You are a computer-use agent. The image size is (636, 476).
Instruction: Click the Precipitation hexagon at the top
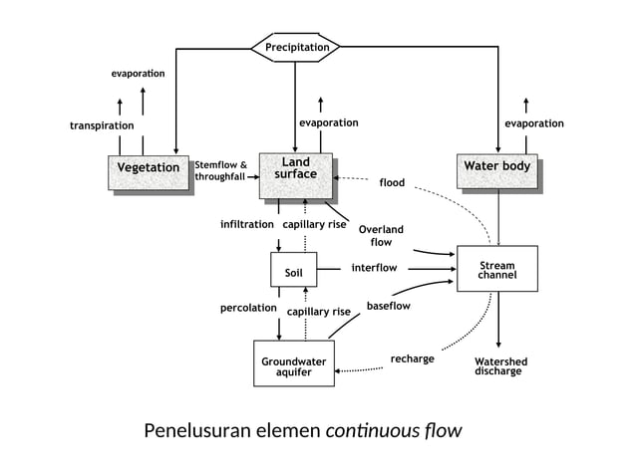pyautogui.click(x=296, y=47)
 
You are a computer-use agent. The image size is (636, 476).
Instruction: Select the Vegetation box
pyautogui.click(x=149, y=168)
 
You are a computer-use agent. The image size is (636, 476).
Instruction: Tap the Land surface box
pyautogui.click(x=295, y=168)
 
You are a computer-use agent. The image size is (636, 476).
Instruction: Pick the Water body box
pyautogui.click(x=496, y=166)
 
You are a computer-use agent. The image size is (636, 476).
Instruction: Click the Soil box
pyautogui.click(x=293, y=271)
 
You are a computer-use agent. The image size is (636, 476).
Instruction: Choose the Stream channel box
pyautogui.click(x=496, y=269)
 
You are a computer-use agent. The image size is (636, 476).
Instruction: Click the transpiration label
pyautogui.click(x=102, y=125)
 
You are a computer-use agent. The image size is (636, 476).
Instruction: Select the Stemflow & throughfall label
pyautogui.click(x=220, y=170)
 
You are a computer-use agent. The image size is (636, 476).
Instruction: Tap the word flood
pyautogui.click(x=392, y=182)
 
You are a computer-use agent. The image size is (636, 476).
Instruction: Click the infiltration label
pyautogui.click(x=246, y=224)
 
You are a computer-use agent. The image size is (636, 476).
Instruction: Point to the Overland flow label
pyautogui.click(x=381, y=235)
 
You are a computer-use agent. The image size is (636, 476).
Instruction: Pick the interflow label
pyautogui.click(x=374, y=268)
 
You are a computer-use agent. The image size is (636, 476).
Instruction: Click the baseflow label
pyautogui.click(x=388, y=306)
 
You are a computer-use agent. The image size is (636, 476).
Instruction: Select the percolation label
pyautogui.click(x=248, y=308)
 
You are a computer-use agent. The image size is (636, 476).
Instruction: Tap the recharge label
pyautogui.click(x=412, y=358)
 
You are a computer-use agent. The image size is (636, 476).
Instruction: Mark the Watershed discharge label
pyautogui.click(x=500, y=365)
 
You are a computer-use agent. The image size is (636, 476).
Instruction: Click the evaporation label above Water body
pyautogui.click(x=533, y=123)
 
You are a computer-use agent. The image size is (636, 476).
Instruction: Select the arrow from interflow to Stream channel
pyautogui.click(x=429, y=268)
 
